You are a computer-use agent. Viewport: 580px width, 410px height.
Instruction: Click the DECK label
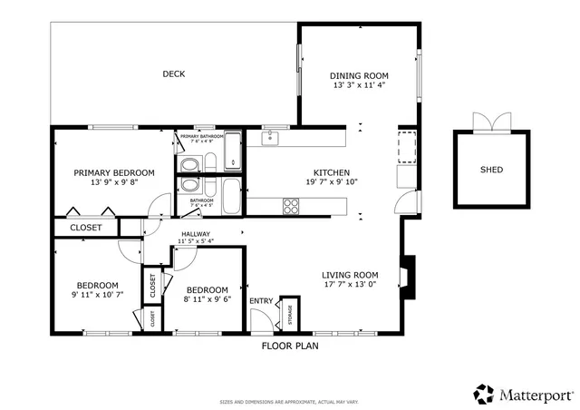[173, 74]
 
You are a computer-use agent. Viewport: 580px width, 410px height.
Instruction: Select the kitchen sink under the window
[268, 139]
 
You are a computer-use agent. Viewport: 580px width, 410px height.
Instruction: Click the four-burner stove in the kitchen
[292, 207]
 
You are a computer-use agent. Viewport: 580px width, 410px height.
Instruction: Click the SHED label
[491, 170]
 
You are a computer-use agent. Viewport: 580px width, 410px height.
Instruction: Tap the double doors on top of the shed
[491, 123]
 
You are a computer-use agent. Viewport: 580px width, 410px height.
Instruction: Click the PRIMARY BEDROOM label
[113, 172]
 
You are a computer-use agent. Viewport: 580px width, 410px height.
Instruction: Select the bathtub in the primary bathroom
[233, 151]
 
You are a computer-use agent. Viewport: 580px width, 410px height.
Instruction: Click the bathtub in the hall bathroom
[231, 195]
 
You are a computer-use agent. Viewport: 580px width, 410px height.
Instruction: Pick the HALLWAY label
[195, 234]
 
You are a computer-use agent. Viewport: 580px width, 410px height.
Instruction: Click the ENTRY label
[261, 301]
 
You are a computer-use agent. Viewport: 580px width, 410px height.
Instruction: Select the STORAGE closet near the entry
[290, 313]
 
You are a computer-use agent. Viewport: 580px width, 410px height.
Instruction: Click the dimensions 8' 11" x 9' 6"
[207, 299]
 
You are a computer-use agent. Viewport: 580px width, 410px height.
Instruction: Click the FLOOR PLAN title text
[290, 346]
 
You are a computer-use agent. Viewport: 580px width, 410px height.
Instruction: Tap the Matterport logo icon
[483, 394]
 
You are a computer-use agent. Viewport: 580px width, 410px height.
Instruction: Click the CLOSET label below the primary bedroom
[86, 228]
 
